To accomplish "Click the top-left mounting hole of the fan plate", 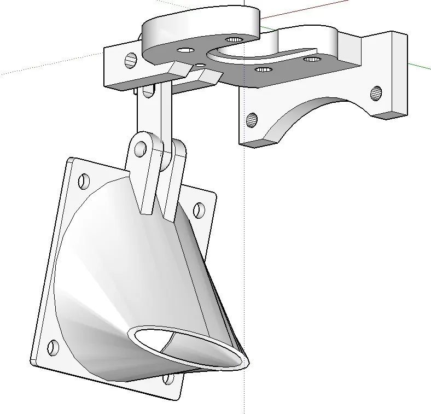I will [x=84, y=180].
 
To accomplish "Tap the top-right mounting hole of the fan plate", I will [x=199, y=209].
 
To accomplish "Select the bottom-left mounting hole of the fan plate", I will [x=53, y=347].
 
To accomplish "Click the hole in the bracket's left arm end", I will [x=131, y=60].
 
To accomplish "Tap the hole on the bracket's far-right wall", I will [x=376, y=94].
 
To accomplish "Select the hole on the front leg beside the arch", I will [x=252, y=119].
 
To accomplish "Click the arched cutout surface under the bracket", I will [x=306, y=112].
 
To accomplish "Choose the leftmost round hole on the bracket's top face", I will [x=185, y=50].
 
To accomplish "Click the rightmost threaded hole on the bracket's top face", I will [x=312, y=59].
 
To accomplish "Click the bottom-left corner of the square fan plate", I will [x=33, y=362].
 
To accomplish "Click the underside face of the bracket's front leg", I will [x=257, y=143].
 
